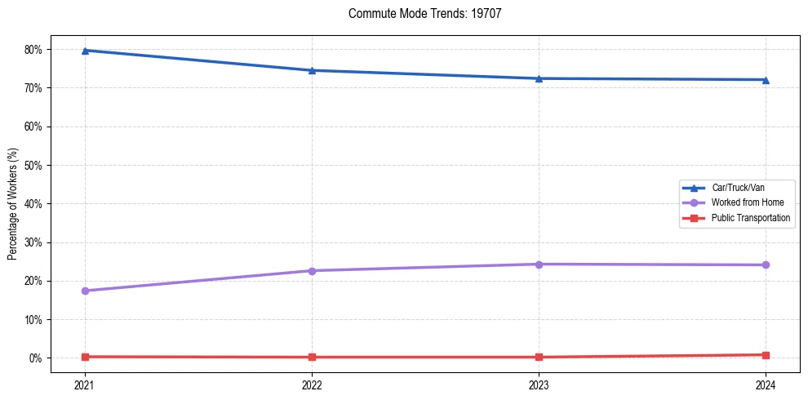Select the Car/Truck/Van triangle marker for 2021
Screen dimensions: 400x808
[x=85, y=51]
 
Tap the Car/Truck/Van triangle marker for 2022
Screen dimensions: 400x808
[x=312, y=70]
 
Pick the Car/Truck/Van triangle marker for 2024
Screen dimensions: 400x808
[x=766, y=80]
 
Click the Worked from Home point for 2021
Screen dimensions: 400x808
[x=85, y=291]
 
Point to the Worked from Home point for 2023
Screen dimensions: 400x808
[x=539, y=264]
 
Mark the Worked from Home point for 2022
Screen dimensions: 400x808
[x=312, y=271]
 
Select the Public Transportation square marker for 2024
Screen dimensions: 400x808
[x=766, y=355]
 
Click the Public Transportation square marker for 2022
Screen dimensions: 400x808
[x=312, y=357]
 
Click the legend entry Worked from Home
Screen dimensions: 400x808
[x=747, y=202]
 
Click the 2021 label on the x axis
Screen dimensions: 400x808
[x=85, y=384]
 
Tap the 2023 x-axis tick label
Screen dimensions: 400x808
[x=539, y=384]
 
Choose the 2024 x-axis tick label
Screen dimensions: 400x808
[x=766, y=384]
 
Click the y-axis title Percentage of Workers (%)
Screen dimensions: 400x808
[x=12, y=204]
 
